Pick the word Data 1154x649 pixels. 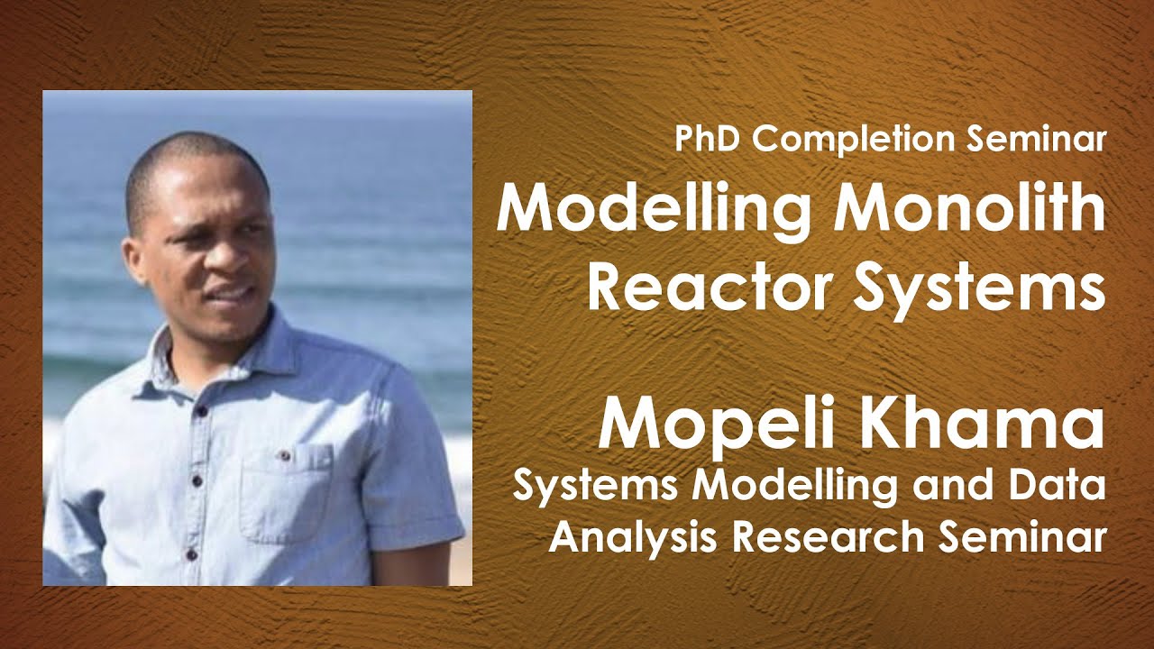pyautogui.click(x=1060, y=487)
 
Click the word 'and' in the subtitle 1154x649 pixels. pyautogui.click(x=957, y=487)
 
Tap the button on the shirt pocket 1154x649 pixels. pyautogui.click(x=285, y=455)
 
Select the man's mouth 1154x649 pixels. pyautogui.click(x=231, y=293)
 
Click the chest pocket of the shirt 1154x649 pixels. pyautogui.click(x=285, y=491)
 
